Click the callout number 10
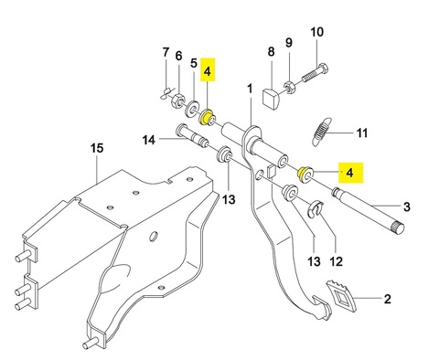pos(316,32)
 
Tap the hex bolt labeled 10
pos(316,73)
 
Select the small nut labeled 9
pos(289,87)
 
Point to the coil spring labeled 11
pos(321,132)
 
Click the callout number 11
pos(362,133)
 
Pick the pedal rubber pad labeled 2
pos(342,296)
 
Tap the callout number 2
pos(387,299)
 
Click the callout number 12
pos(337,261)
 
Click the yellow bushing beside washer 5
pos(208,118)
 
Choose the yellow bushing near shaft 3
pos(305,175)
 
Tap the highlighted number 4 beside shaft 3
pos(350,173)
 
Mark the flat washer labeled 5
pos(192,108)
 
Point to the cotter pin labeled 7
pos(166,93)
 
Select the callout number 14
pos(149,141)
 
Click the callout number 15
pos(97,148)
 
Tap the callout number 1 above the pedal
pos(250,89)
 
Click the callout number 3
pos(407,206)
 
